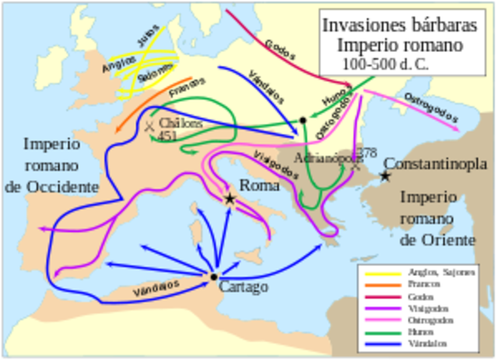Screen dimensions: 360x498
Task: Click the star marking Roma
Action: pos(230,199)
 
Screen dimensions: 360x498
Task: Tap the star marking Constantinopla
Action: pos(385,177)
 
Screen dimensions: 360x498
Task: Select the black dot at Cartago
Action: pos(213,277)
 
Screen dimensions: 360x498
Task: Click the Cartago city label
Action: pos(244,287)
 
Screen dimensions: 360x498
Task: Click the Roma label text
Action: pos(259,186)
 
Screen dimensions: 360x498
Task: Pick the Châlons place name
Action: pos(181,123)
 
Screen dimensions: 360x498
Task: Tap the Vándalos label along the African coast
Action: pos(156,288)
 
